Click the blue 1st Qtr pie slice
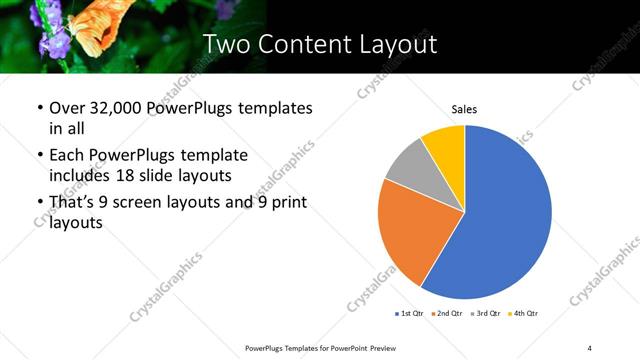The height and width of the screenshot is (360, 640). (x=505, y=215)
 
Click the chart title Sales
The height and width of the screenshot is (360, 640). (x=464, y=109)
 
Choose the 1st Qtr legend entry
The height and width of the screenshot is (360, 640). (x=410, y=314)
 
